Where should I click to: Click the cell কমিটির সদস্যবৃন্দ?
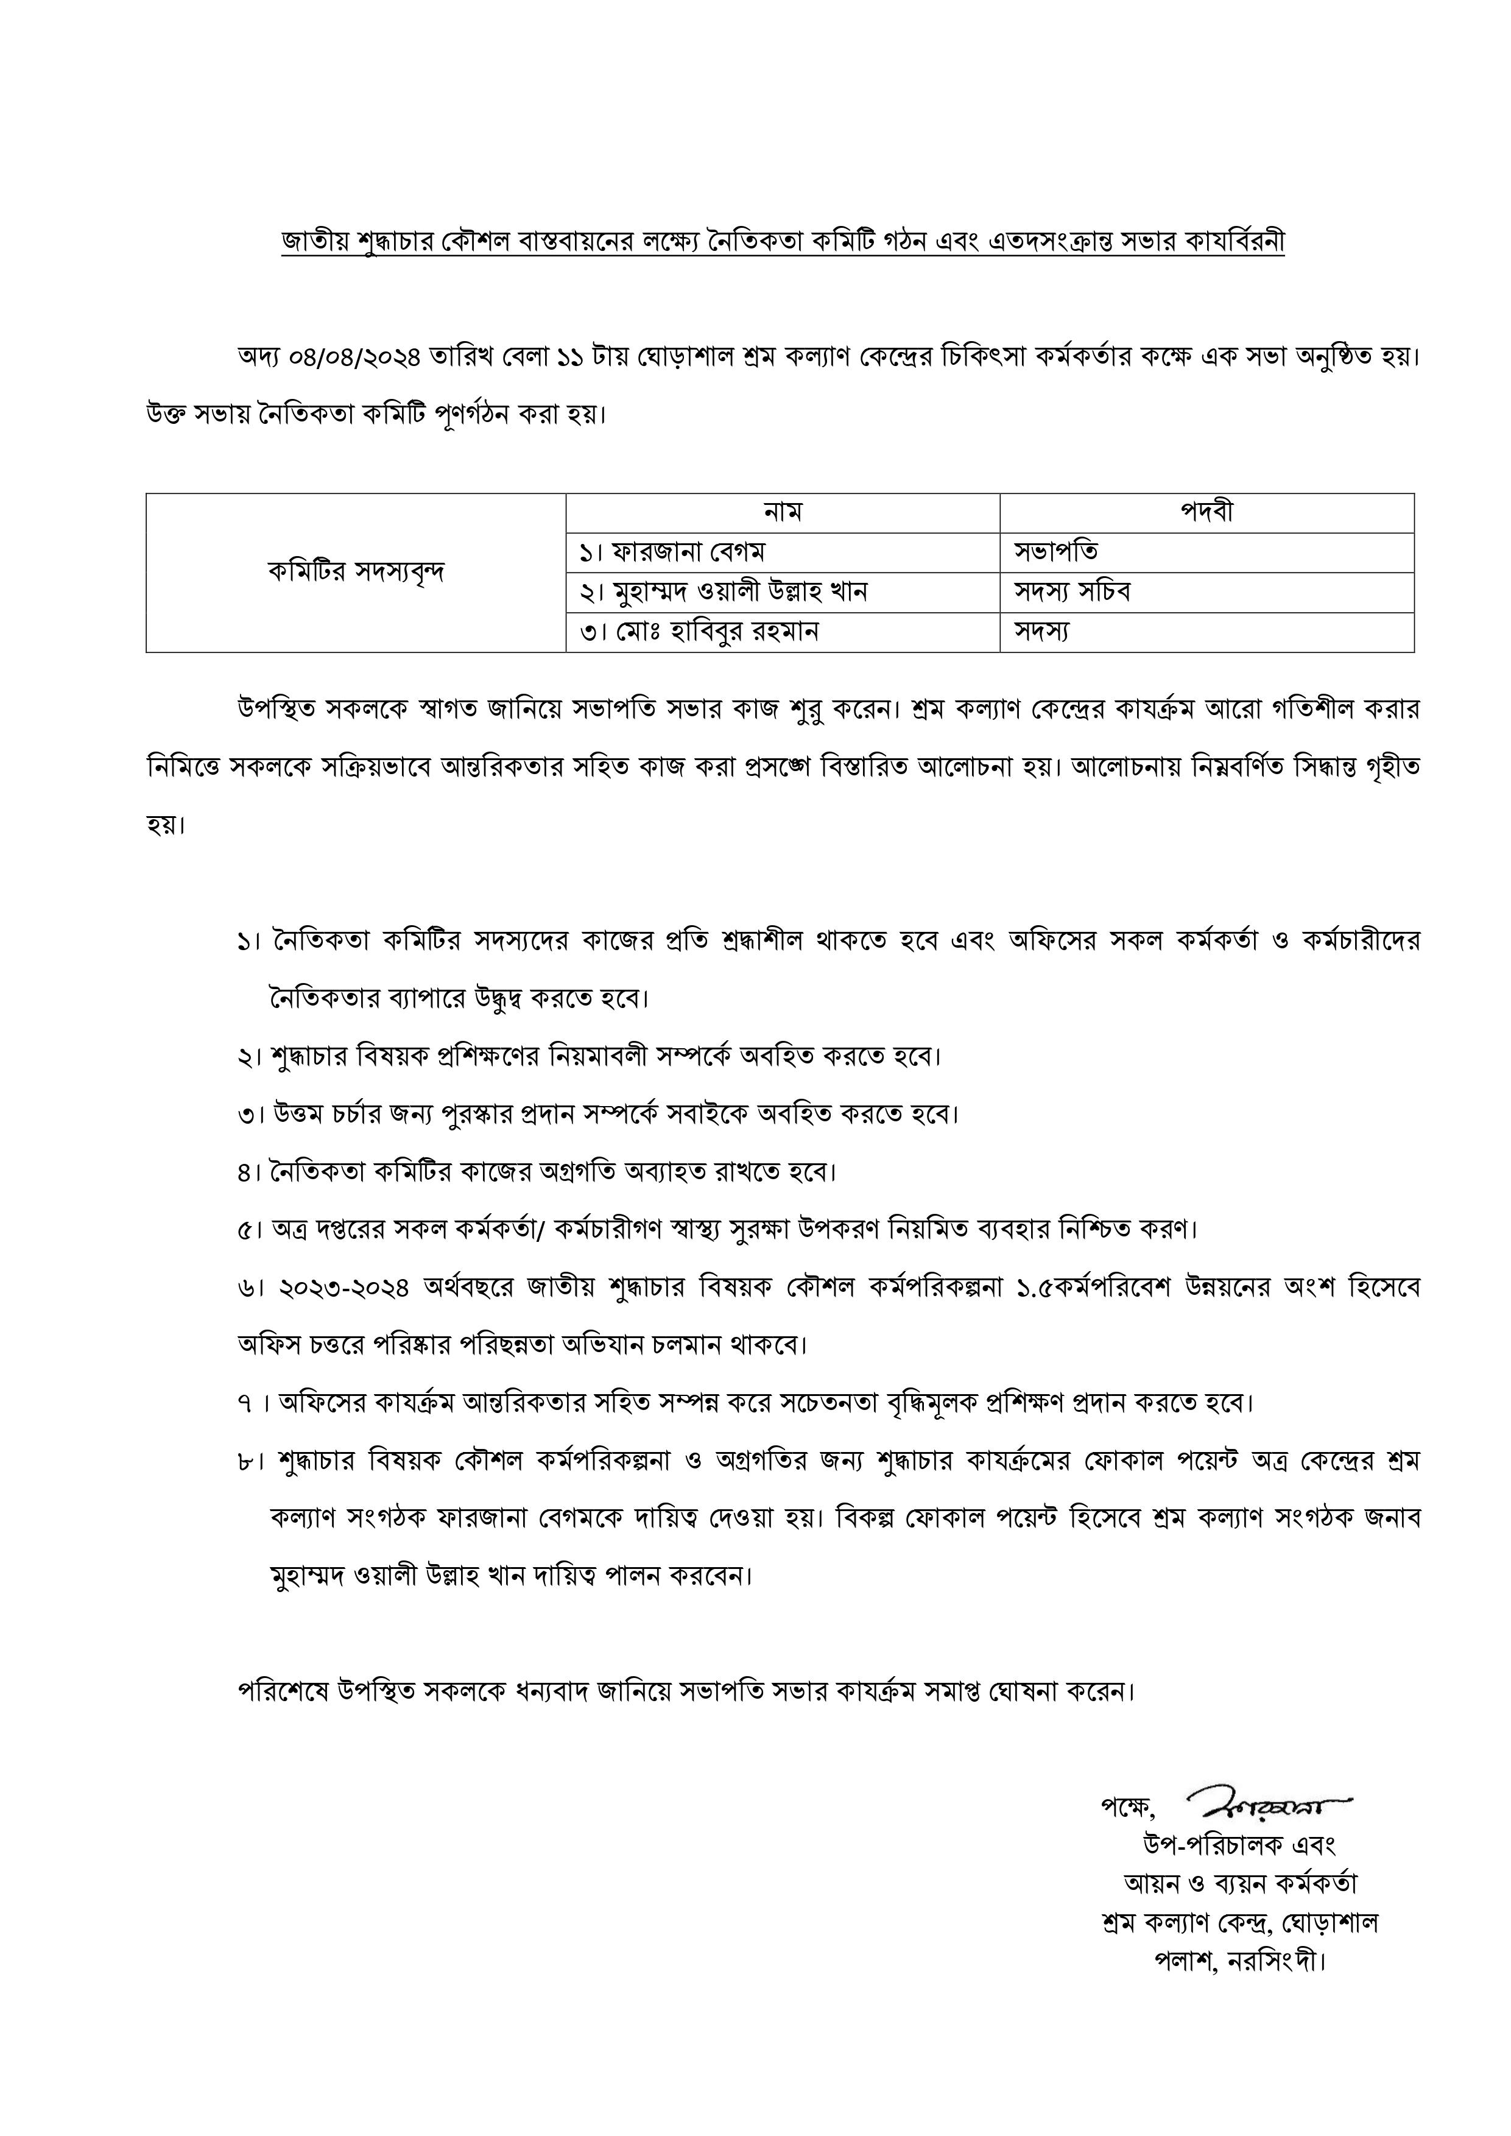pos(356,572)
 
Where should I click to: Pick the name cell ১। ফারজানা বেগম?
pos(671,552)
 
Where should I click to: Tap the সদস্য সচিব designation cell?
pos(1072,591)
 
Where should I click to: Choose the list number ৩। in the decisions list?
pos(250,1115)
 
